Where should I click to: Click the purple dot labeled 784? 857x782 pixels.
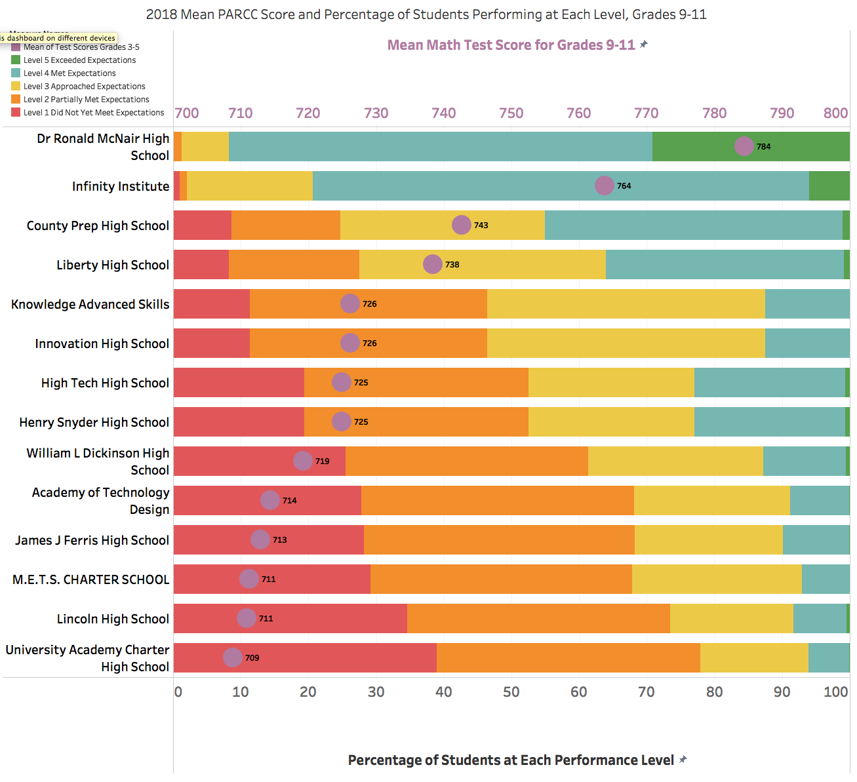744,146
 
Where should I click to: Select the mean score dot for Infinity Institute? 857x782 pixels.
604,186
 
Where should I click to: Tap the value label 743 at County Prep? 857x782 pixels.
481,225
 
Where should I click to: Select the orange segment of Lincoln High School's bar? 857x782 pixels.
538,618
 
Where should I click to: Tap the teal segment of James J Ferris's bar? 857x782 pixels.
816,539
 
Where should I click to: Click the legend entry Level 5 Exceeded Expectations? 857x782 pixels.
79,60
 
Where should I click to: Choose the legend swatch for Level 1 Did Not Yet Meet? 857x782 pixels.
16,113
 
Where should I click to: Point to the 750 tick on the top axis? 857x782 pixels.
511,113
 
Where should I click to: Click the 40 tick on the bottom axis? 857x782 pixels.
443,692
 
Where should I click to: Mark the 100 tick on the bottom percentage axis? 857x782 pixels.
835,692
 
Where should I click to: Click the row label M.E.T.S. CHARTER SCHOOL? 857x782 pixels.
90,579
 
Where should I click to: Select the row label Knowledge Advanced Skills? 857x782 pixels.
90,304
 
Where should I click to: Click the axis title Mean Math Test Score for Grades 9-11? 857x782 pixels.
511,45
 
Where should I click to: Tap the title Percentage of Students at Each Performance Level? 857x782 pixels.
511,760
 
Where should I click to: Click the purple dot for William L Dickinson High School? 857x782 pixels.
302,461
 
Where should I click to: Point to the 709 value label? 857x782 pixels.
252,658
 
